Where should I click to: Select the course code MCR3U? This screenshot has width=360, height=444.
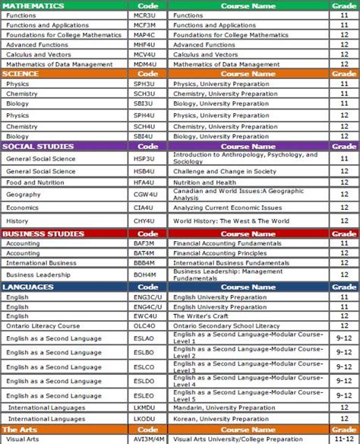pyautogui.click(x=144, y=15)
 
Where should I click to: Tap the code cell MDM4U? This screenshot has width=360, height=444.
pyautogui.click(x=144, y=65)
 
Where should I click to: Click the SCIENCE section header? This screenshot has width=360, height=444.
pyautogui.click(x=21, y=75)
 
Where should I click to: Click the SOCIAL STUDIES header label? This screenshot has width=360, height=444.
pyautogui.click(x=38, y=146)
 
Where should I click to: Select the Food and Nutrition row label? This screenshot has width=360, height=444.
pyautogui.click(x=35, y=182)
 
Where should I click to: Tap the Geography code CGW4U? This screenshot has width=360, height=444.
pyautogui.click(x=144, y=195)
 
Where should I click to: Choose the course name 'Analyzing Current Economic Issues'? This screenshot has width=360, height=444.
pyautogui.click(x=228, y=208)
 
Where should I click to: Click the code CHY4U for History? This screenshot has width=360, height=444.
pyautogui.click(x=144, y=221)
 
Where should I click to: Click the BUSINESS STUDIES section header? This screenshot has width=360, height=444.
pyautogui.click(x=43, y=234)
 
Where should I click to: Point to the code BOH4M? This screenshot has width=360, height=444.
pyautogui.click(x=144, y=274)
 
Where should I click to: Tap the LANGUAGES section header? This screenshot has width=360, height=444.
pyautogui.click(x=28, y=287)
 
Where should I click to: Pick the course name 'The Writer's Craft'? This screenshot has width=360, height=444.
pyautogui.click(x=202, y=316)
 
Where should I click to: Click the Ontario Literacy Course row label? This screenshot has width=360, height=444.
pyautogui.click(x=43, y=325)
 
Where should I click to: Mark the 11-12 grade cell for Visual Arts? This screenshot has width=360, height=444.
pyautogui.click(x=344, y=439)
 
